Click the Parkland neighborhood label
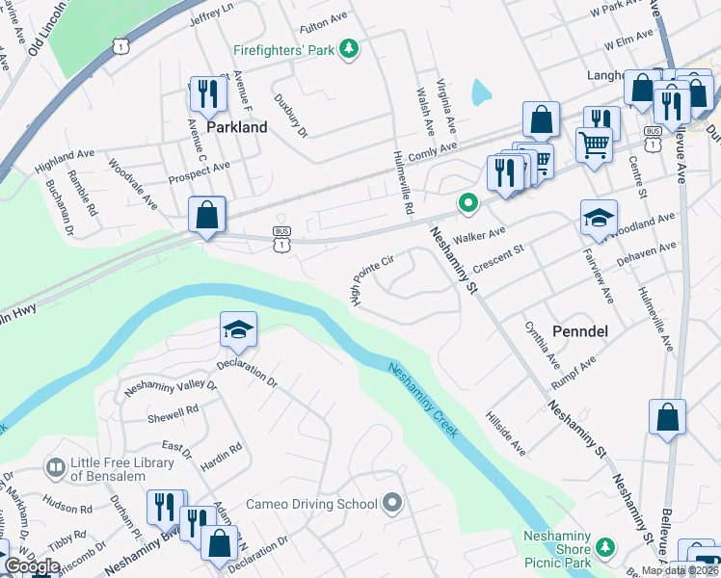(236, 126)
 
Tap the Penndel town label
(578, 330)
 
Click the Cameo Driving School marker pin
(391, 503)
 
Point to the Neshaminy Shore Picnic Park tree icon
(604, 547)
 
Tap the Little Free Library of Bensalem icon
(56, 467)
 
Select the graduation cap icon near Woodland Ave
(598, 219)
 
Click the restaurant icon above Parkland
(206, 94)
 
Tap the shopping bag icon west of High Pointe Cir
(207, 214)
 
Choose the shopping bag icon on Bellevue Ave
(667, 418)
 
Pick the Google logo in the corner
(31, 566)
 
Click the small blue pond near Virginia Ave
(480, 92)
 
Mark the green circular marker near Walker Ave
(468, 202)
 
